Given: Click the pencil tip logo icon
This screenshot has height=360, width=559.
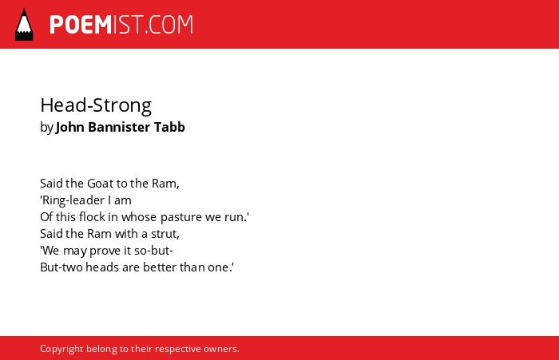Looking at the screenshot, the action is click(24, 25).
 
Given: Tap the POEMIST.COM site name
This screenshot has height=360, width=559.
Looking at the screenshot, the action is click(121, 25).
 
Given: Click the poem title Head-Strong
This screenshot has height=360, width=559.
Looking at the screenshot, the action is click(96, 106).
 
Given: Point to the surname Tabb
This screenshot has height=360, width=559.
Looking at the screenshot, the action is click(169, 127).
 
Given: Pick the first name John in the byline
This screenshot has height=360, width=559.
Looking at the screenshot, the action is click(70, 127).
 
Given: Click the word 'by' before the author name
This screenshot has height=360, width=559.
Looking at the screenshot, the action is click(46, 128).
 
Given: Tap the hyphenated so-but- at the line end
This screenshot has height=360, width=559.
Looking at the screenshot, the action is click(153, 250).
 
